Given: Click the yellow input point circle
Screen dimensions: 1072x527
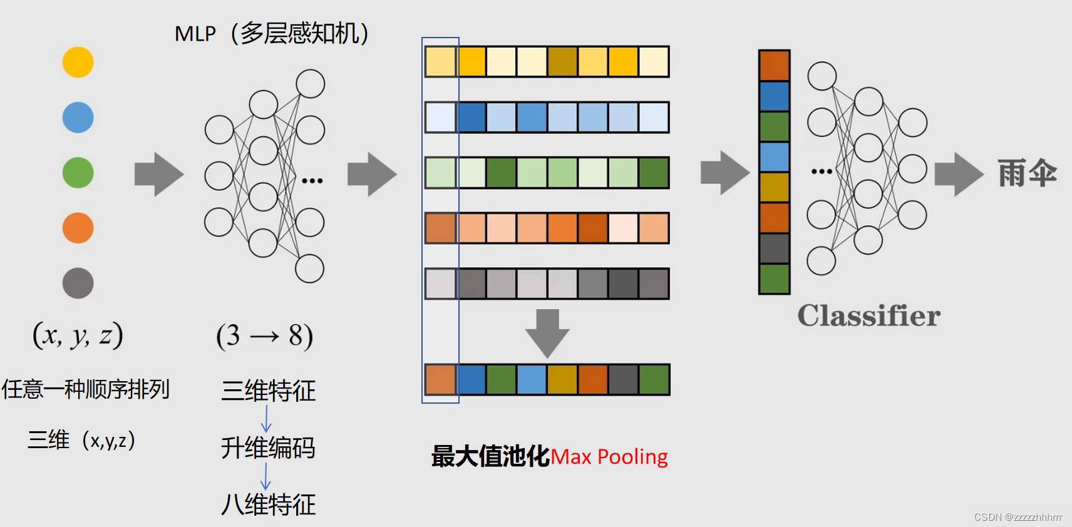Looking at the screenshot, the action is coord(78,63).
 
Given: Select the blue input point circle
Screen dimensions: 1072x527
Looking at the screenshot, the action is coord(78,118).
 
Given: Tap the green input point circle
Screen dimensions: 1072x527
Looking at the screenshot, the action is coord(78,173).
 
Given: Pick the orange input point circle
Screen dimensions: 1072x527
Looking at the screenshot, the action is coord(78,228).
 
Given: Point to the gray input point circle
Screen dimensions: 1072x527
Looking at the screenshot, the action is coord(78,283).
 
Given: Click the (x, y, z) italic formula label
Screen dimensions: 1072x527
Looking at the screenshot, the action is coord(78,335).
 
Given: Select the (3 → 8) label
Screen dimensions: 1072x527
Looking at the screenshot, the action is coord(264,336).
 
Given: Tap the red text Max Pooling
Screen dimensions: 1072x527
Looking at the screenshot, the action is coord(609,457).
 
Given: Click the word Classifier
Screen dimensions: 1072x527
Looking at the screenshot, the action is coord(868,316).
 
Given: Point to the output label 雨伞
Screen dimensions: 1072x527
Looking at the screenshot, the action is coord(1027,173).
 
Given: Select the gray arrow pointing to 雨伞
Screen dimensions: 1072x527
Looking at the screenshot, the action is coord(959,174).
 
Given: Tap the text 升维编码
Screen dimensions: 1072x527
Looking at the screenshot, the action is coord(268,448).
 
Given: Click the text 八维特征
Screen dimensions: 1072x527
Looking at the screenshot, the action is coord(268,504).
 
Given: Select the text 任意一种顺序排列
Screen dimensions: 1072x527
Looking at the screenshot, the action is coord(86,389).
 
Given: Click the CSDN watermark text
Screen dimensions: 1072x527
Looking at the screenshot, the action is coord(1018,517).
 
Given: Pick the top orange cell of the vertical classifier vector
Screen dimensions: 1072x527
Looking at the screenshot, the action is coord(775,66).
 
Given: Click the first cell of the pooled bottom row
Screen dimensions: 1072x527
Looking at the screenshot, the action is coord(441,380).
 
